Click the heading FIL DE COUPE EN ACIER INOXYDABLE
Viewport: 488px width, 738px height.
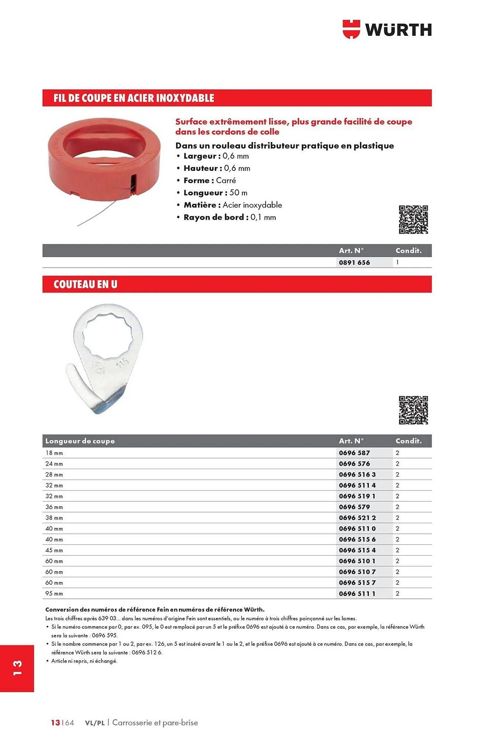click(134, 98)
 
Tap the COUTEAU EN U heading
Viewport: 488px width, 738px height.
click(85, 284)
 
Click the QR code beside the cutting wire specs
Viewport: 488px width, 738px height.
click(413, 220)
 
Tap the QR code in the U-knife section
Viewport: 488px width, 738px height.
click(413, 410)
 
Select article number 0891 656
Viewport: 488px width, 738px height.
click(354, 262)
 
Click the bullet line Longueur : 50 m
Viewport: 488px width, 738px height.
click(215, 193)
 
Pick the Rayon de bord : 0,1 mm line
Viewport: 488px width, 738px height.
click(229, 217)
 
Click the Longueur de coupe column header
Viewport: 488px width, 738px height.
click(80, 441)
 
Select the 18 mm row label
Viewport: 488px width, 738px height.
click(54, 453)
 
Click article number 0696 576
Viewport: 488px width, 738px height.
click(354, 463)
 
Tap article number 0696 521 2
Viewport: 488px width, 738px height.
click(357, 518)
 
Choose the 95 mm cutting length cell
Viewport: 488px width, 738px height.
click(54, 593)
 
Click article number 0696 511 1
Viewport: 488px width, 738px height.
click(357, 593)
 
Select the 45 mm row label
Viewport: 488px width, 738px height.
click(54, 550)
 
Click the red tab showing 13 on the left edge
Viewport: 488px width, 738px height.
click(17, 668)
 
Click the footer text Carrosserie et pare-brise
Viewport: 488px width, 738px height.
click(155, 723)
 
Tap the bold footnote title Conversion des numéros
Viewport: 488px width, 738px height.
click(155, 610)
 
